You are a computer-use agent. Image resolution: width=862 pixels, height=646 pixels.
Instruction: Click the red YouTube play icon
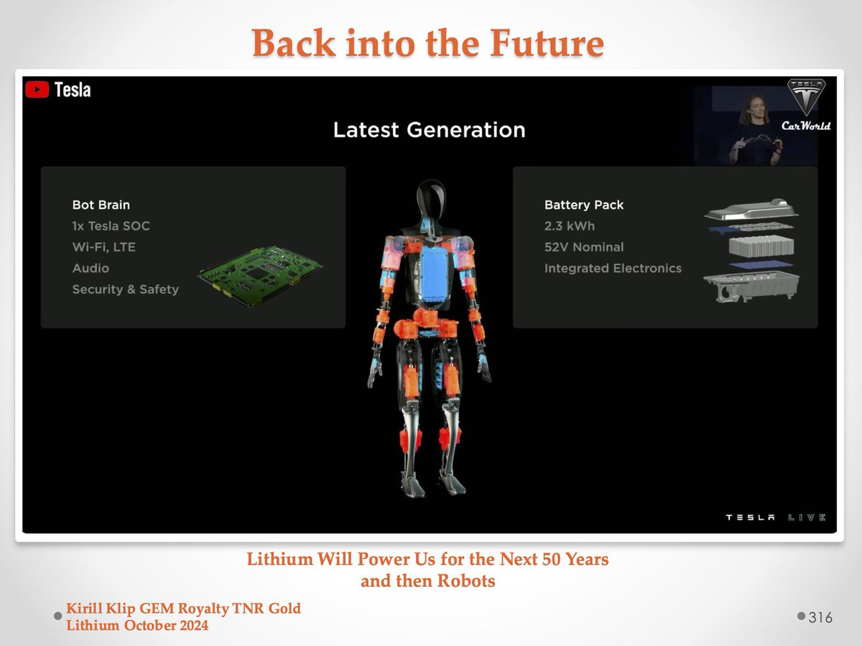[37, 90]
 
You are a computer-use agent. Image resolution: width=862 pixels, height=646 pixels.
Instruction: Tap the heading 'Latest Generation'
[430, 130]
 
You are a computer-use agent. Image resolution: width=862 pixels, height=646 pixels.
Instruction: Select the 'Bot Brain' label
[101, 205]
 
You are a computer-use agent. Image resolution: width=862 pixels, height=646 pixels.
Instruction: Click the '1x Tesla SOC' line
[111, 226]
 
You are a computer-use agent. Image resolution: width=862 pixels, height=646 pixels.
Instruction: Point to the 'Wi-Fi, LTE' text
[104, 247]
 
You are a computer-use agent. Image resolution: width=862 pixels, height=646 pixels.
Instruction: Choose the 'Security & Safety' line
[126, 289]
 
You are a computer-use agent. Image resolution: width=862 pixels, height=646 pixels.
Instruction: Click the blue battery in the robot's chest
[434, 272]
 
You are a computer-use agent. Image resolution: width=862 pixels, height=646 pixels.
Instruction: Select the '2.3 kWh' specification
[570, 226]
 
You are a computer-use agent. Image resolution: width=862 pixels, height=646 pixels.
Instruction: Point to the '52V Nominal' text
[584, 247]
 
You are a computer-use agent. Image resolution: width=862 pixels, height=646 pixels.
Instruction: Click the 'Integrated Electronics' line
[613, 268]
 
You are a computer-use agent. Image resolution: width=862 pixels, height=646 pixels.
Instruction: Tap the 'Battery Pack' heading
[584, 205]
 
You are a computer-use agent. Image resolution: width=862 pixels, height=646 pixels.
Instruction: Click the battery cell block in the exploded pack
[761, 246]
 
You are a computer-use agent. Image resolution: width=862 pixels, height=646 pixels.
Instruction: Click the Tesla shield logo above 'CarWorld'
[806, 96]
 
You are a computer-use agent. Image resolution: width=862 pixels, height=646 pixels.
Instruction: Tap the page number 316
[820, 618]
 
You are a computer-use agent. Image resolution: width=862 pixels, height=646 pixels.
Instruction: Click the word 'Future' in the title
[547, 43]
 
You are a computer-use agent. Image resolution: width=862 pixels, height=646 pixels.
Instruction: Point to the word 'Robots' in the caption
[466, 581]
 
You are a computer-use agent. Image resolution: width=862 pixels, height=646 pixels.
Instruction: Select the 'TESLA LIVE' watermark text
[776, 518]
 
